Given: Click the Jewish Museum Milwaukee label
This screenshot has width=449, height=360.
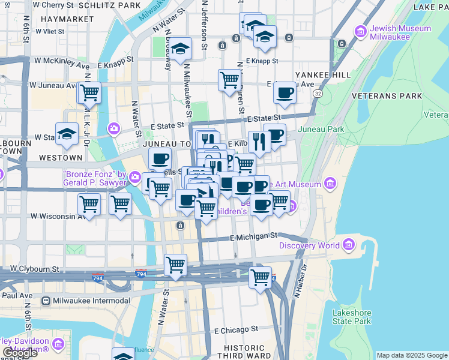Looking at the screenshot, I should click(x=400, y=32).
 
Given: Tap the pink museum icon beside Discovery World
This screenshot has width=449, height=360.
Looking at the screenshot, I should click(x=348, y=245).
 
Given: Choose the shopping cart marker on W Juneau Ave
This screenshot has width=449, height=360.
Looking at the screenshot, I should click(x=89, y=93).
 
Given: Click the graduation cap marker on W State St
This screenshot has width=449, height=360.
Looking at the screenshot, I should click(x=67, y=134).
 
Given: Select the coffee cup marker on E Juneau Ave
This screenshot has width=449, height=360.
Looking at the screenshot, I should click(x=285, y=93).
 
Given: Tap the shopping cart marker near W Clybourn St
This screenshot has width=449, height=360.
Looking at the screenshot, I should click(x=175, y=265).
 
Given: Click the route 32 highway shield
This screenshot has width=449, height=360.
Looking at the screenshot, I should click(x=317, y=94).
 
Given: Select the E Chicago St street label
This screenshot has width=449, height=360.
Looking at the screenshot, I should click(x=236, y=329).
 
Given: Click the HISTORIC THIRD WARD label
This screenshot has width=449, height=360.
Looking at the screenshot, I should click(x=244, y=352).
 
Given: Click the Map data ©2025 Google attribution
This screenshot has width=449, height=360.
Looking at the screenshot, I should click(x=412, y=355).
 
